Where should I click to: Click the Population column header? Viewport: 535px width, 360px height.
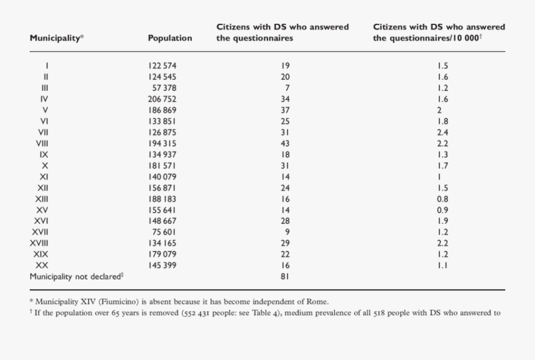pos(170,38)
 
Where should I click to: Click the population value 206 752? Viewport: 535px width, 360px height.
pos(162,99)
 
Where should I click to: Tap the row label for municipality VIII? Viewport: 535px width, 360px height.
pos(42,143)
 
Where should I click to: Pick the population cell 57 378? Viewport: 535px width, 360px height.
pos(165,88)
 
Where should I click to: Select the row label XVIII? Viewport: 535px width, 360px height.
pos(39,243)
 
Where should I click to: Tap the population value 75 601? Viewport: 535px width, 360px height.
pos(165,232)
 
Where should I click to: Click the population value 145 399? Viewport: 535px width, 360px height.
pos(162,265)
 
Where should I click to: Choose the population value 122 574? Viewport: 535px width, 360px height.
pos(162,66)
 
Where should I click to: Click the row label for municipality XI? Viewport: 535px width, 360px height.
pos(44,176)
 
